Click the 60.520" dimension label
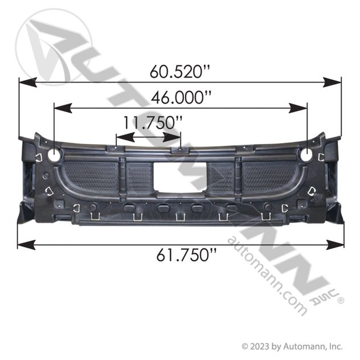pyautogui.click(x=180, y=71)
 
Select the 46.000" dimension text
pyautogui.click(x=181, y=97)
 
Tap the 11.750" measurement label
pyautogui.click(x=153, y=122)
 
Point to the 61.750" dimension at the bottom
pyautogui.click(x=186, y=255)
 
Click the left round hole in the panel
pyautogui.click(x=55, y=154)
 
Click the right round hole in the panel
pyautogui.click(x=306, y=154)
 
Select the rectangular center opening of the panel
pyautogui.click(x=180, y=177)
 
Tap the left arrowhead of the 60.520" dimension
pyautogui.click(x=28, y=83)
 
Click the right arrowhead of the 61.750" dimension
pyautogui.click(x=335, y=245)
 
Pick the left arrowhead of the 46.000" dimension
pyautogui.click(x=63, y=108)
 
